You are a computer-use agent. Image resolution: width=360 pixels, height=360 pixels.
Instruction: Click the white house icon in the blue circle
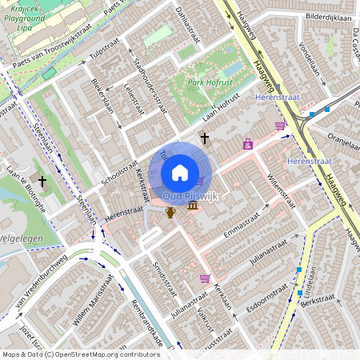click(x=180, y=172)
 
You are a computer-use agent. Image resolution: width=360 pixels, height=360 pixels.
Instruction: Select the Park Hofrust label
click(x=210, y=82)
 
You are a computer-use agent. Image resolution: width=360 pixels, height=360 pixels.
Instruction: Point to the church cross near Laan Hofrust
click(x=204, y=138)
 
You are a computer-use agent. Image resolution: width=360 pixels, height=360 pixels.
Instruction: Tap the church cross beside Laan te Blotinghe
click(x=42, y=182)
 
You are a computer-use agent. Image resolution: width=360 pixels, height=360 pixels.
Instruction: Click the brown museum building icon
click(x=193, y=207)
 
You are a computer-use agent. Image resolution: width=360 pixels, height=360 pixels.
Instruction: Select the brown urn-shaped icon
click(x=170, y=212)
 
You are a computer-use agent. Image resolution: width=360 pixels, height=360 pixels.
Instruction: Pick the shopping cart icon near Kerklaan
click(x=206, y=278)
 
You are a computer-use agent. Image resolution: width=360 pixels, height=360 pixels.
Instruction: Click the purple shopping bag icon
click(x=247, y=145)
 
